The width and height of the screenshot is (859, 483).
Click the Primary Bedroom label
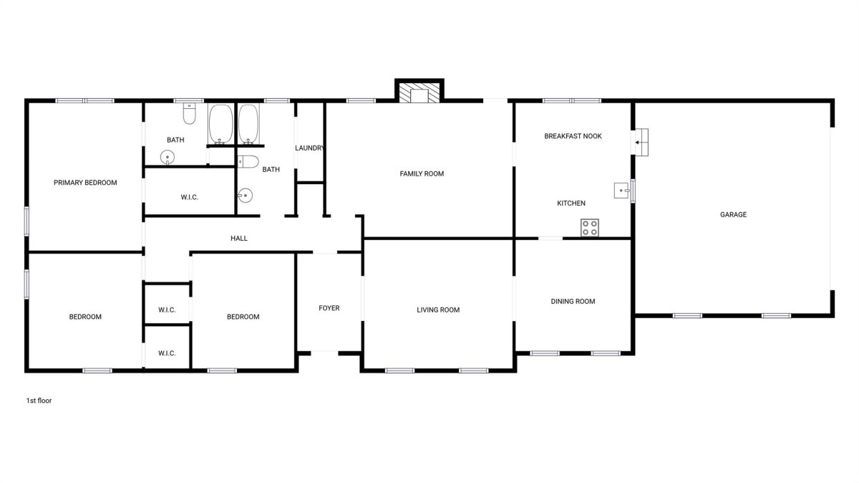85,183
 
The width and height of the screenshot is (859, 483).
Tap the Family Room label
422,174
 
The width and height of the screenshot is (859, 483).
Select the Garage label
733,214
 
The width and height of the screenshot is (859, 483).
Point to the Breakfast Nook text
573,136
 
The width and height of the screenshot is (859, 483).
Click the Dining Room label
573,302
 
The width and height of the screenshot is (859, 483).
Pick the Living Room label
438,310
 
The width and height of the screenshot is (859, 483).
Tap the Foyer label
329,308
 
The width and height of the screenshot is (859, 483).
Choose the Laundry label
309,148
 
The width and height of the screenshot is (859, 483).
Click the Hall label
239,239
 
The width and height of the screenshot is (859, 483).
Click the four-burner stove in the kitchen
590,228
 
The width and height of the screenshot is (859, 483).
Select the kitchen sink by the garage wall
622,191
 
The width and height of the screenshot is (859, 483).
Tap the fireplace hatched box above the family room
419,92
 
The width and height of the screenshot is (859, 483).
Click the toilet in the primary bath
190,114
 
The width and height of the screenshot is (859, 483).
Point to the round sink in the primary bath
168,158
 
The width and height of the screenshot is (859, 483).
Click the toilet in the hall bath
248,162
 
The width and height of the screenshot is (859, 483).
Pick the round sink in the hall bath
245,196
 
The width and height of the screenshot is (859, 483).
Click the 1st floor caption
39,401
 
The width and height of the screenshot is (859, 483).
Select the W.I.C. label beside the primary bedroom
190,197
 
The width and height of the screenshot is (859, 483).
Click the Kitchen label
571,204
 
